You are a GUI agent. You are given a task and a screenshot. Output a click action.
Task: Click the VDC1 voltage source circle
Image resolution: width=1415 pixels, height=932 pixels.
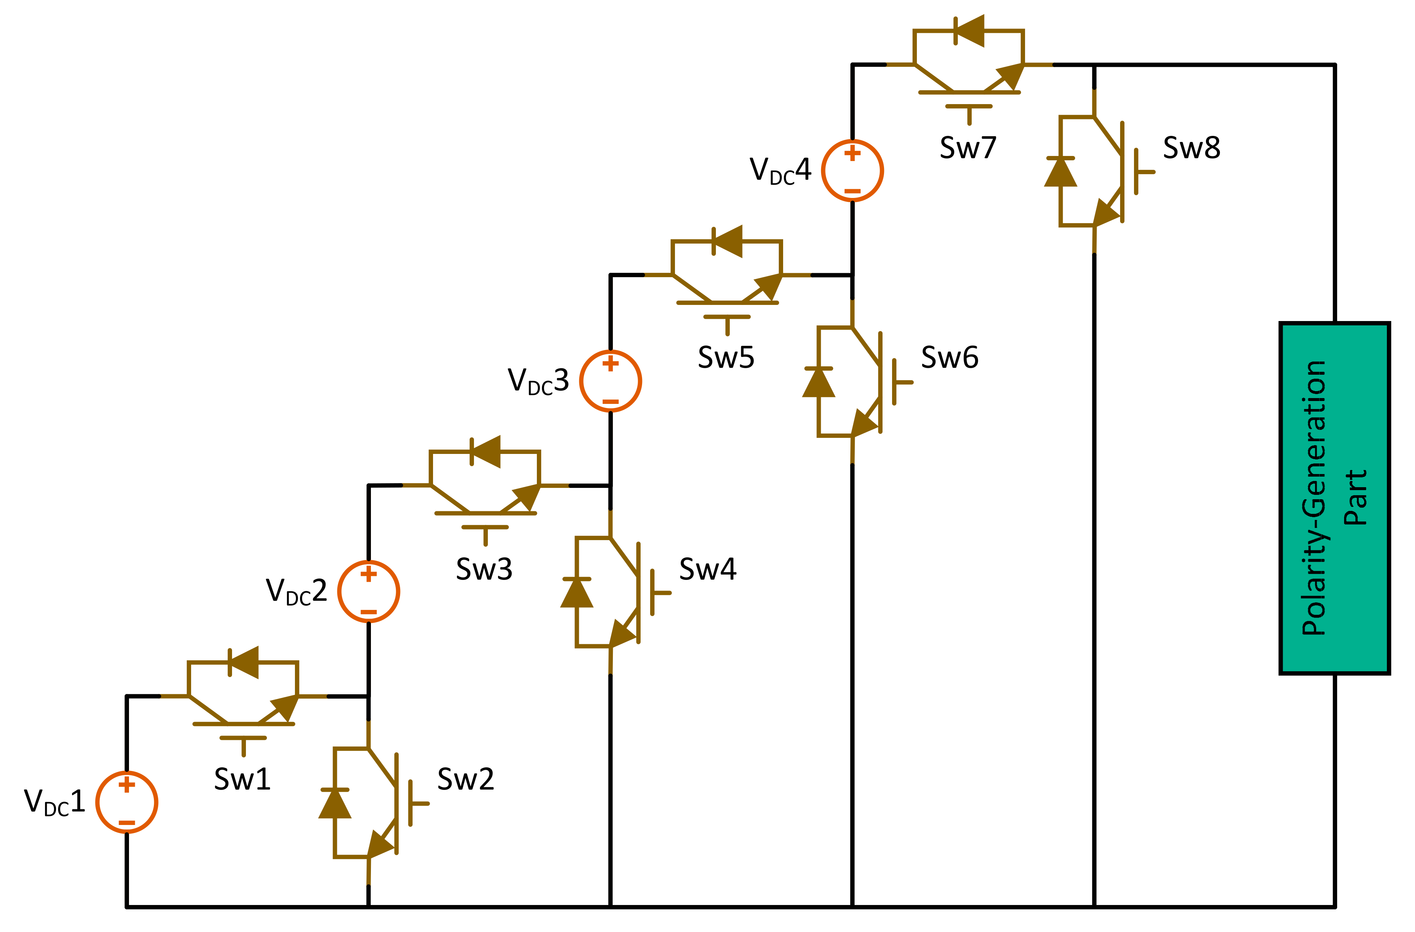pos(127,802)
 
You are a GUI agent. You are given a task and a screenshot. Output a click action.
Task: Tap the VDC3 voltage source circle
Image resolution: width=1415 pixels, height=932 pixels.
pos(610,381)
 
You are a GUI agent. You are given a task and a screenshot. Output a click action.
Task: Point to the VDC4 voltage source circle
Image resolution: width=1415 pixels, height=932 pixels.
pos(852,171)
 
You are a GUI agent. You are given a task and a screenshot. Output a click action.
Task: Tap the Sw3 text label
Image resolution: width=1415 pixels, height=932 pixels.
pos(484,569)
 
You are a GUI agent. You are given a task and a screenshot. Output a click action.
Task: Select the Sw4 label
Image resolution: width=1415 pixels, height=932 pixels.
pos(708,569)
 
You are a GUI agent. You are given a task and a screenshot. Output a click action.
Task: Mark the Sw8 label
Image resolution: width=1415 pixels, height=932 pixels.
pos(1192,148)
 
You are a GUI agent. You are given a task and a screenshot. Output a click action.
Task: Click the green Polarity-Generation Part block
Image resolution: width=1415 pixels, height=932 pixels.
pos(1335,498)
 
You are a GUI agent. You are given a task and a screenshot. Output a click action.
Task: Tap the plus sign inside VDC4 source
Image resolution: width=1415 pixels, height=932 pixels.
pos(852,153)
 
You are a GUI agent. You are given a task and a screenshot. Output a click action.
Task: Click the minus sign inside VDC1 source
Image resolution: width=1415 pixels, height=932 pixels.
pos(127,823)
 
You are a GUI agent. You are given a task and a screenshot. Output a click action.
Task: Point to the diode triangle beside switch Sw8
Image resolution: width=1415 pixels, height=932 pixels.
pos(1061,172)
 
